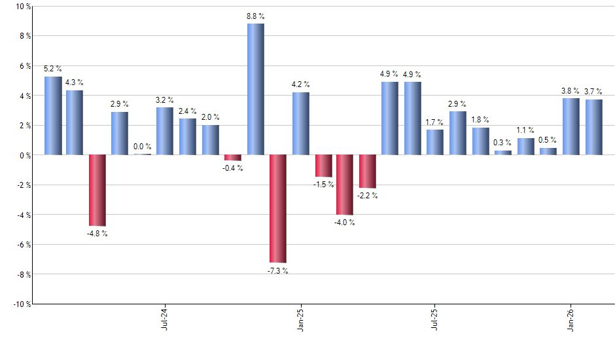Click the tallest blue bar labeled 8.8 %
coord(255,89)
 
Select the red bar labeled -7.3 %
coord(277,209)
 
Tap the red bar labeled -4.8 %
coord(97,190)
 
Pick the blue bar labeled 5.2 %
coord(53,116)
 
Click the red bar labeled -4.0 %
coord(345,185)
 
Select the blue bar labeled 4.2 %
coord(300,124)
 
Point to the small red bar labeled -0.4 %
coord(233,158)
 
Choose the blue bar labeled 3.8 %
coord(571,126)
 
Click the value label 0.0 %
coord(143,147)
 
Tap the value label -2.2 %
coord(367,195)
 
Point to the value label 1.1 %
coord(525,130)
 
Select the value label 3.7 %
coord(593,92)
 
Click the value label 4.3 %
coord(75,82)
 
